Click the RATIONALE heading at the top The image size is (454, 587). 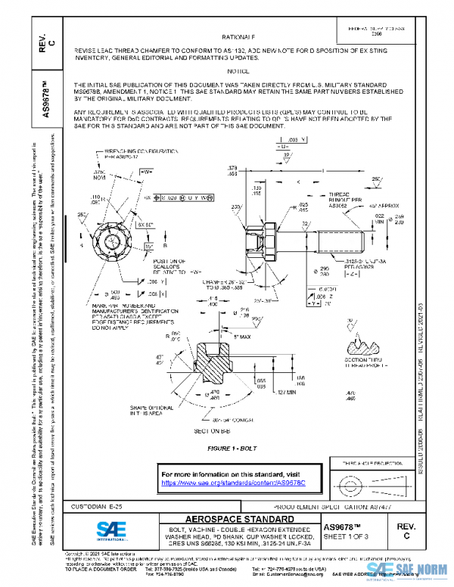(x=239, y=36)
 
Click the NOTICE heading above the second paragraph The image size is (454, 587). (x=238, y=70)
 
